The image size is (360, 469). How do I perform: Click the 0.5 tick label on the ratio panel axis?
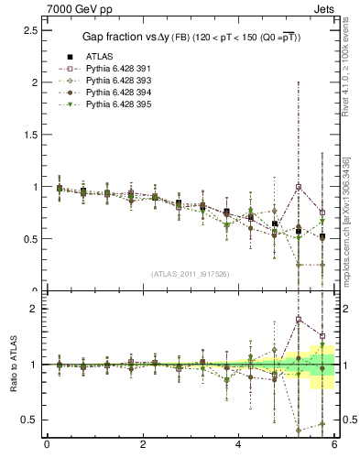click(x=28, y=420)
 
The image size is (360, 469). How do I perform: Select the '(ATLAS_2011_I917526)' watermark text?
click(x=190, y=274)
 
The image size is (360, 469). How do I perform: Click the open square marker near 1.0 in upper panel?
click(x=298, y=187)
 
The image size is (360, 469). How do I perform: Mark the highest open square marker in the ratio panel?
click(x=298, y=320)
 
